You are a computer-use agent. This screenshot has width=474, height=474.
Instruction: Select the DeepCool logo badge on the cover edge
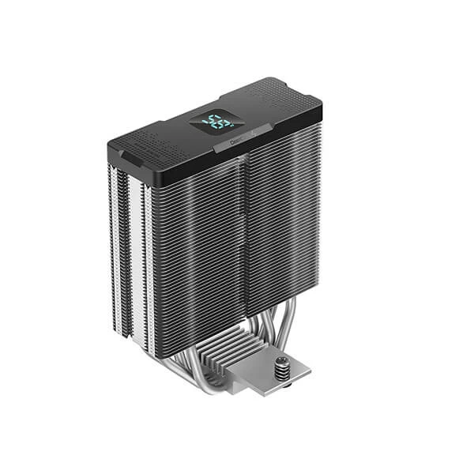click(238, 145)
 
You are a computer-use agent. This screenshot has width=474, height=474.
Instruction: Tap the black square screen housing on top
click(214, 122)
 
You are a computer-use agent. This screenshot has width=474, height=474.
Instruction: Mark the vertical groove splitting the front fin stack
click(243, 237)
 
